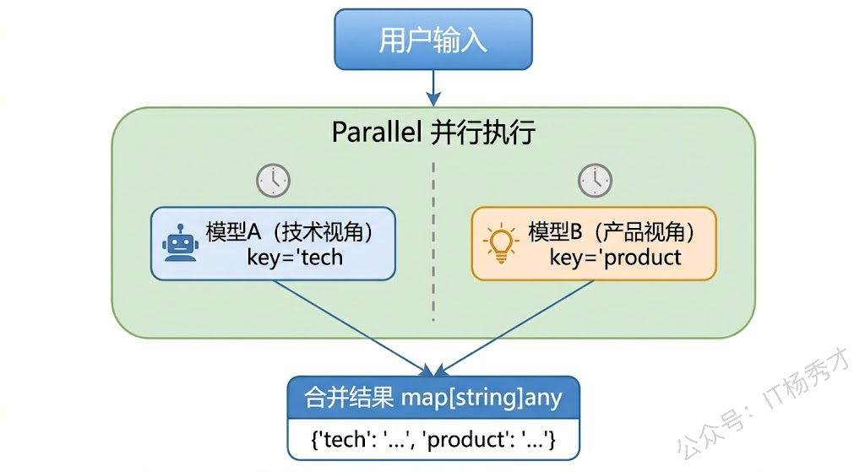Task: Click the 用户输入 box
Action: [432, 40]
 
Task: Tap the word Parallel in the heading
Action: [376, 133]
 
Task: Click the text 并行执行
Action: [483, 133]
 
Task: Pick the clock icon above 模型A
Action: [273, 180]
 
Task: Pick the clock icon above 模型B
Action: [595, 180]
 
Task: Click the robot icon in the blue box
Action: [179, 245]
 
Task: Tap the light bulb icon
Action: [500, 243]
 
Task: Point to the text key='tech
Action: [295, 257]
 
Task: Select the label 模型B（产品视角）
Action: [612, 231]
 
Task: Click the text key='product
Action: [615, 257]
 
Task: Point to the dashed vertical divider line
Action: [433, 245]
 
